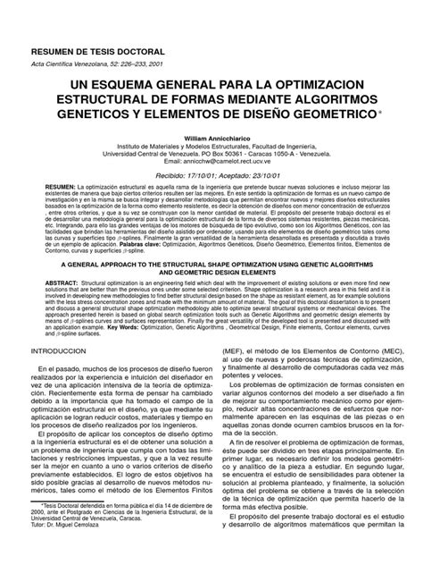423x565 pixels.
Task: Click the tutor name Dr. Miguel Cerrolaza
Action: pos(84,549)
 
